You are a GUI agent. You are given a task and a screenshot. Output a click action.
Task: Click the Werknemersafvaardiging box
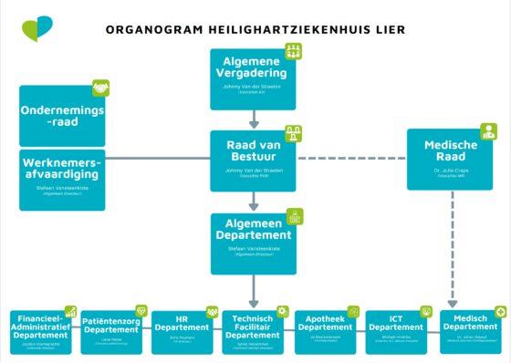tap(63, 177)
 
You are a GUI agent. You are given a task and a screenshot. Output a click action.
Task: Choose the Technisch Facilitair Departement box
tap(255, 332)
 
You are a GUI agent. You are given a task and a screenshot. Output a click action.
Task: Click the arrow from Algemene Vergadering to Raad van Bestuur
tap(255, 116)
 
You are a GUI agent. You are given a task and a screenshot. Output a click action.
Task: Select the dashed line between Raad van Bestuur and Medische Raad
tap(352, 160)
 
